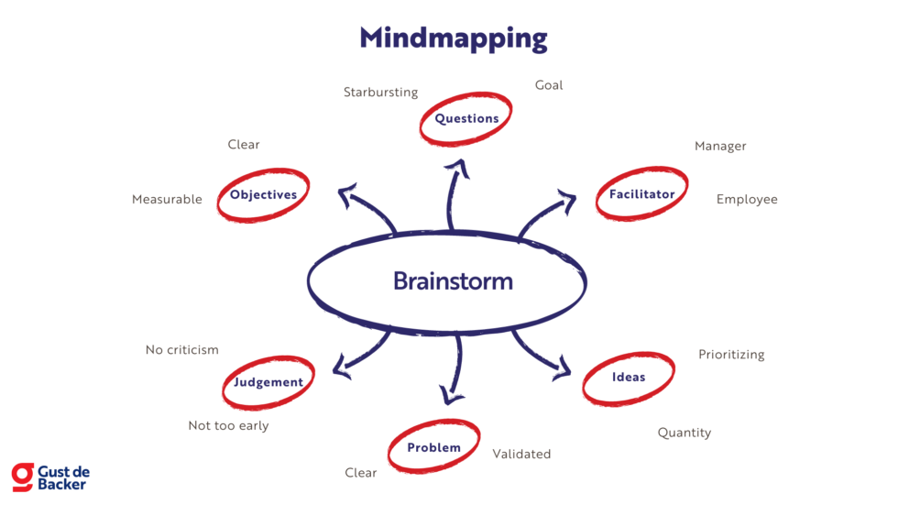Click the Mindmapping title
(453, 38)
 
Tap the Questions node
(466, 118)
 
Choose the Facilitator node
(641, 194)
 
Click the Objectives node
(263, 195)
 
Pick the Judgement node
(268, 382)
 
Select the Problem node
(433, 448)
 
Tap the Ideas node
(629, 378)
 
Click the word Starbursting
(380, 93)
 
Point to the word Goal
(549, 85)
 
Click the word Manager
(720, 146)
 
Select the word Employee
(747, 200)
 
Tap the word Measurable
(167, 200)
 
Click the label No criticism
(182, 350)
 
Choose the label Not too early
(228, 426)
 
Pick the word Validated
(521, 454)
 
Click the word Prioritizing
(731, 355)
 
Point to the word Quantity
(684, 433)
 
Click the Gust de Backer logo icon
(22, 477)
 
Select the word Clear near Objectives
(244, 145)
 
